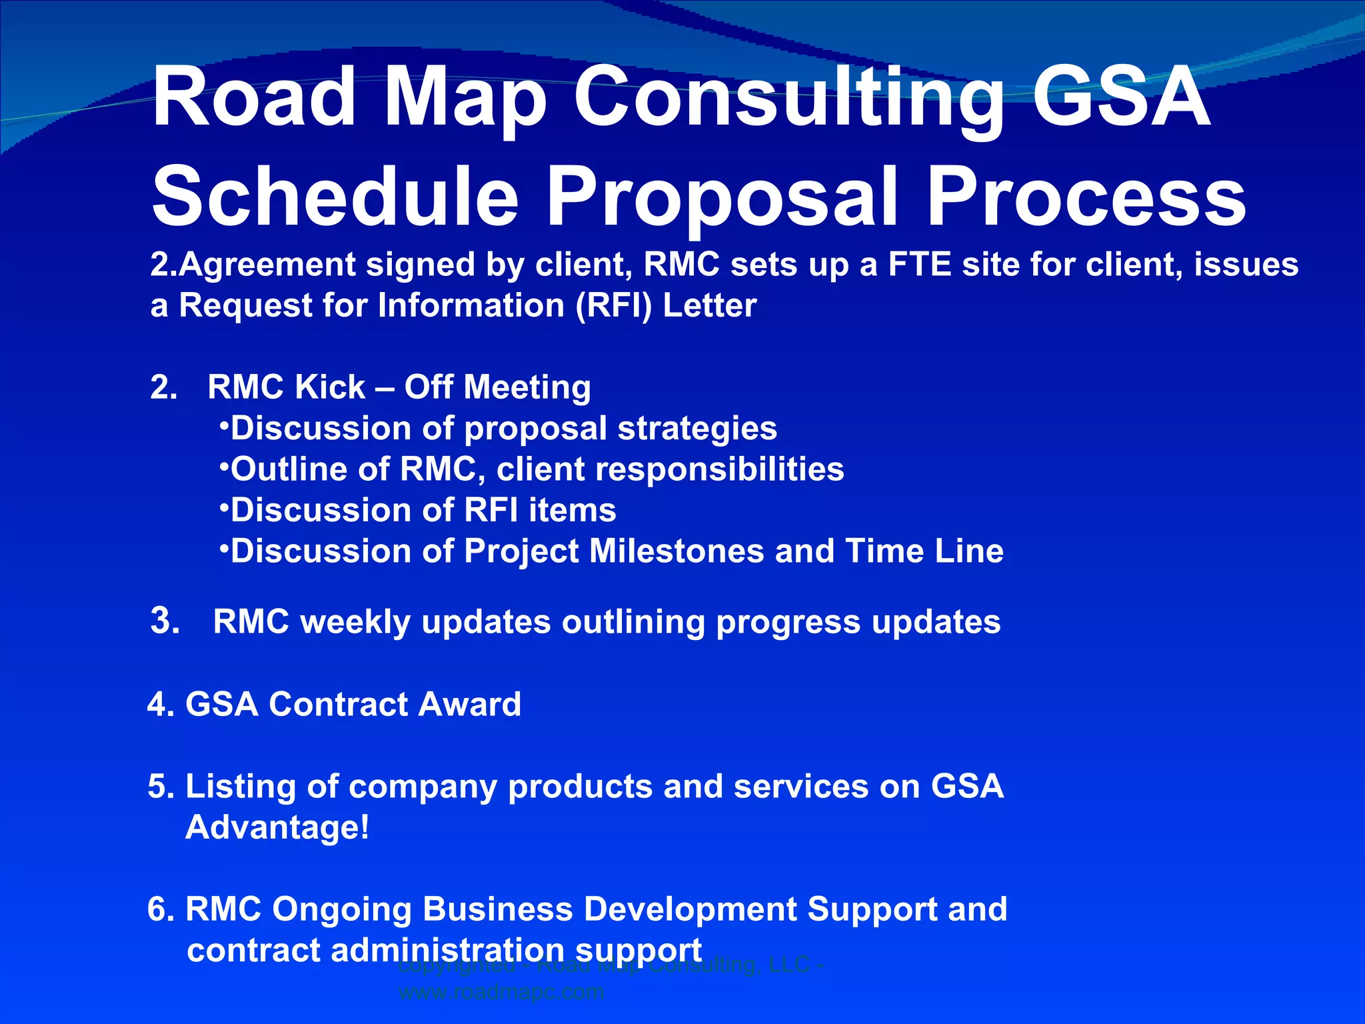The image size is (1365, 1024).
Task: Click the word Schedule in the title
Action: pos(335,197)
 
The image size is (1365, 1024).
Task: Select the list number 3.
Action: pos(164,621)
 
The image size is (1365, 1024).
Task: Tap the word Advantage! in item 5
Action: pos(277,828)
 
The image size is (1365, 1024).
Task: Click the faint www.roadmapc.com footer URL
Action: pos(501,992)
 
